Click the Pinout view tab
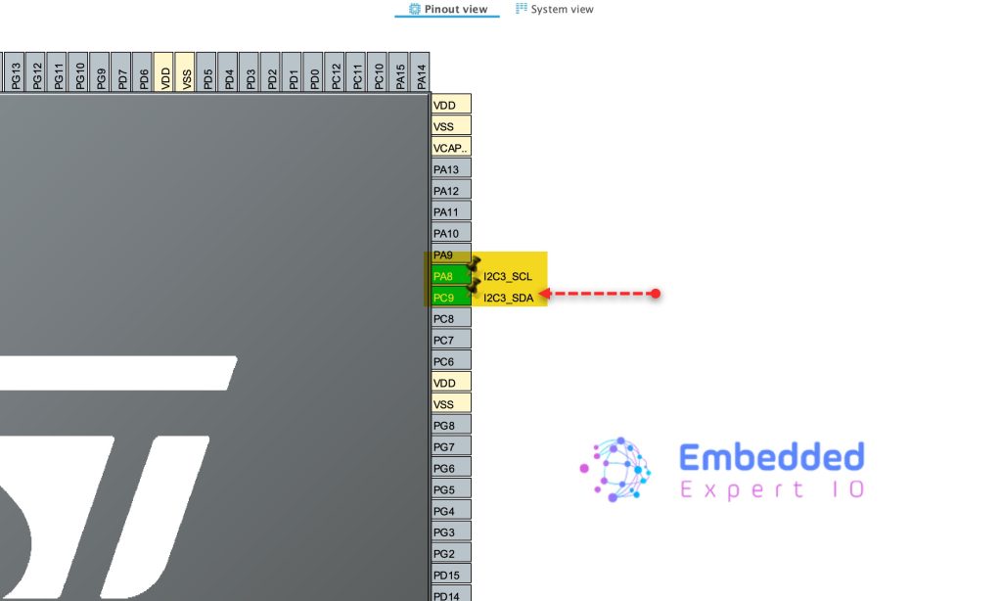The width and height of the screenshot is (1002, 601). (x=447, y=9)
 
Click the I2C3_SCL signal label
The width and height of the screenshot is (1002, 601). (x=508, y=276)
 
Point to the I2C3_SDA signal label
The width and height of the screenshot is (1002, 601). (x=509, y=298)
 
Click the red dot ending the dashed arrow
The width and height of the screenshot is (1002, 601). (x=656, y=293)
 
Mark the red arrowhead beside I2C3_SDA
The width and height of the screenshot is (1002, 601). (x=545, y=293)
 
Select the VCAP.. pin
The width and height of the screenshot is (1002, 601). (x=451, y=147)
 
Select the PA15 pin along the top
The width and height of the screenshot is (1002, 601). (x=399, y=72)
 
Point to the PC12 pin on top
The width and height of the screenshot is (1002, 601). (x=336, y=72)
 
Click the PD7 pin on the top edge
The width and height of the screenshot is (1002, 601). (x=121, y=72)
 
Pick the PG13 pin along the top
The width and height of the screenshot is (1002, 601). (x=15, y=72)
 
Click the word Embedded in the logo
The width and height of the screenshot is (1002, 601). (x=771, y=457)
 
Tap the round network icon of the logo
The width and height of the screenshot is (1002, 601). (x=616, y=468)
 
